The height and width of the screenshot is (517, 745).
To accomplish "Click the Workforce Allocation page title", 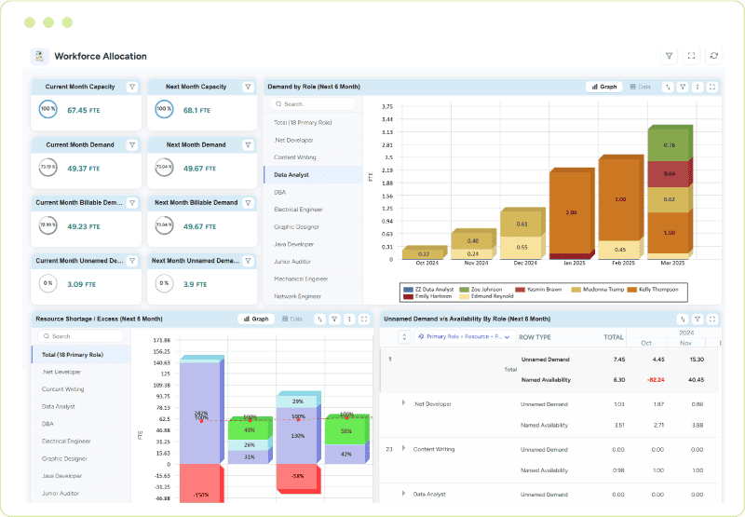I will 101,56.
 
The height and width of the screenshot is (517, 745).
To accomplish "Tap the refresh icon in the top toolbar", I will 714,56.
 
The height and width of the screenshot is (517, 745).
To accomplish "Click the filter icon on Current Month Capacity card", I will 132,87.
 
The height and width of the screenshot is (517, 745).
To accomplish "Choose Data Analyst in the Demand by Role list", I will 291,174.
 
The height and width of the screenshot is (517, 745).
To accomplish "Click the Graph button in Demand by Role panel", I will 603,87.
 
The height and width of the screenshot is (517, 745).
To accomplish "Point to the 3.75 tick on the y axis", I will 386,106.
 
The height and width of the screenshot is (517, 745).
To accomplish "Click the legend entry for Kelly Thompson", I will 658,289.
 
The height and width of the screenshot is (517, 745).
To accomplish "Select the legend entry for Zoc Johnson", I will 486,289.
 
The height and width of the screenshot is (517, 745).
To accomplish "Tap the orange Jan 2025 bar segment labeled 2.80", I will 570,212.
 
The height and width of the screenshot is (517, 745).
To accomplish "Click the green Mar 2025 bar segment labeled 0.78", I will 669,145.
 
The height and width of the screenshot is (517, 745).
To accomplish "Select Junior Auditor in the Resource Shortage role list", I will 63,494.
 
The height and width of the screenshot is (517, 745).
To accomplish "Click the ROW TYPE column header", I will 535,336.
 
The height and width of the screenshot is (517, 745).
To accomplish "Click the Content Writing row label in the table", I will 433,449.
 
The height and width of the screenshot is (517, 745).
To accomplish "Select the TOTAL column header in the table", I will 614,336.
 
